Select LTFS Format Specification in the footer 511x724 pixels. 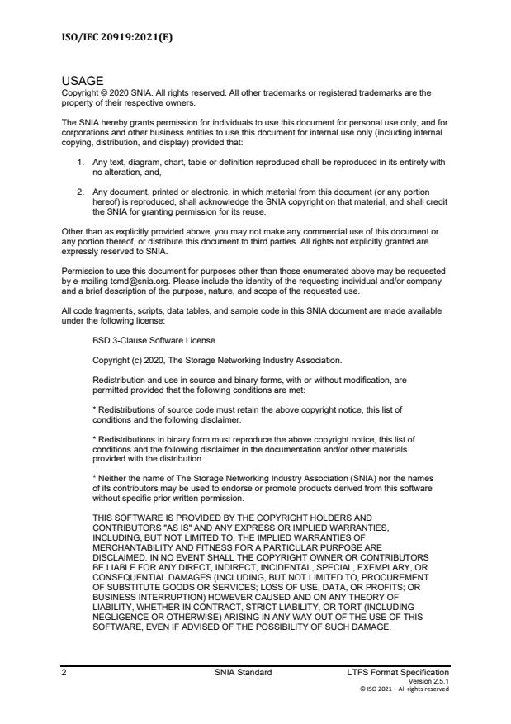point(399,673)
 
